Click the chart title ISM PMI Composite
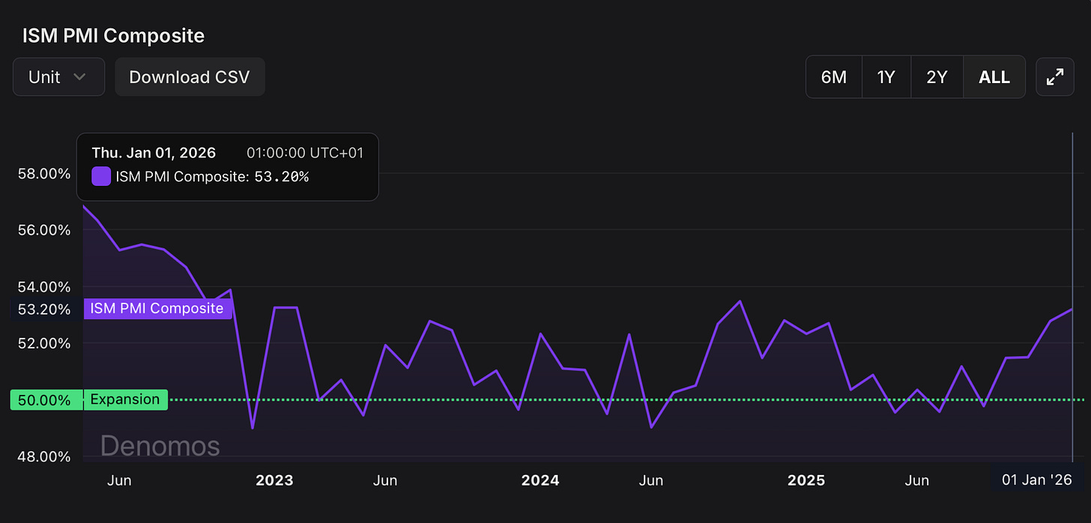113,35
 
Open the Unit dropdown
58,77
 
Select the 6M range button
833,77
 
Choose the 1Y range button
886,77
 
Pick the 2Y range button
937,77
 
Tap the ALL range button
994,77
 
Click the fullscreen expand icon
1054,77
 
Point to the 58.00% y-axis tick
43,174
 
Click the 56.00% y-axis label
43,230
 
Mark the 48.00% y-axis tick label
43,456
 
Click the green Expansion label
125,400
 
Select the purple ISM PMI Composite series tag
157,308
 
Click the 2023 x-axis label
274,480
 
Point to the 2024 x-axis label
540,480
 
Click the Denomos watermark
160,446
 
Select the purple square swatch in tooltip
101,177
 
